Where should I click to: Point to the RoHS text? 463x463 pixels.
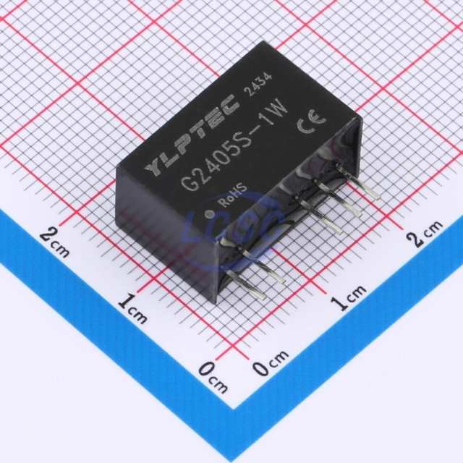[x=232, y=195]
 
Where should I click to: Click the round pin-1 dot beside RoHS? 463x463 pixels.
[x=209, y=214]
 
